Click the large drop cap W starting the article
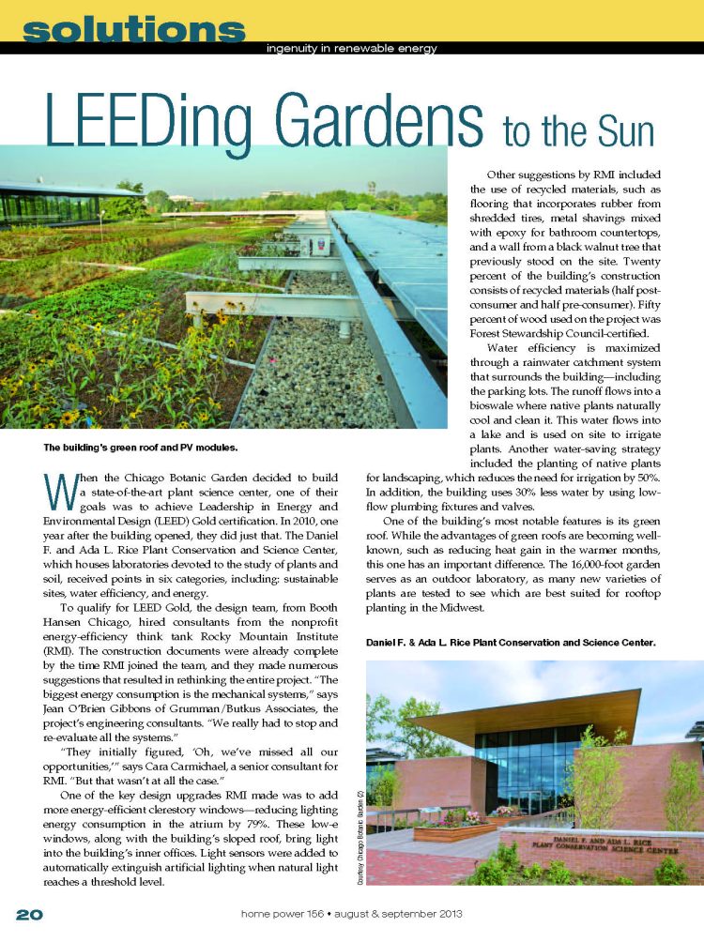click(59, 490)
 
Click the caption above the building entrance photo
click(510, 643)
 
